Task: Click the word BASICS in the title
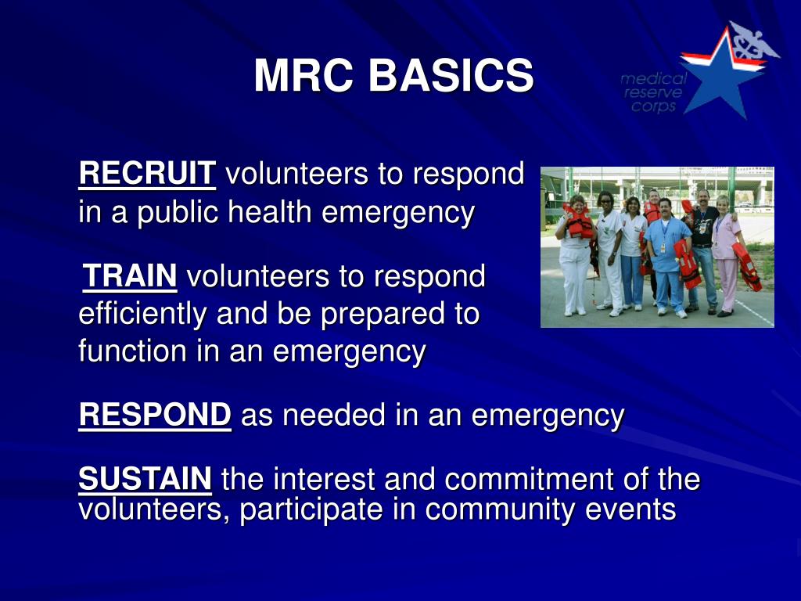pos(451,77)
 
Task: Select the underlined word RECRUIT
pos(147,174)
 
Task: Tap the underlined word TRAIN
pos(131,275)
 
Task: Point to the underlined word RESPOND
pos(155,415)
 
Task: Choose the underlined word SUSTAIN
pos(145,478)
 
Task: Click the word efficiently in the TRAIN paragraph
pos(142,314)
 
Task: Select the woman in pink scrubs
pos(725,250)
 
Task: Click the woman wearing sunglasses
pos(606,243)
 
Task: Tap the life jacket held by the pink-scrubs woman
pos(747,266)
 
